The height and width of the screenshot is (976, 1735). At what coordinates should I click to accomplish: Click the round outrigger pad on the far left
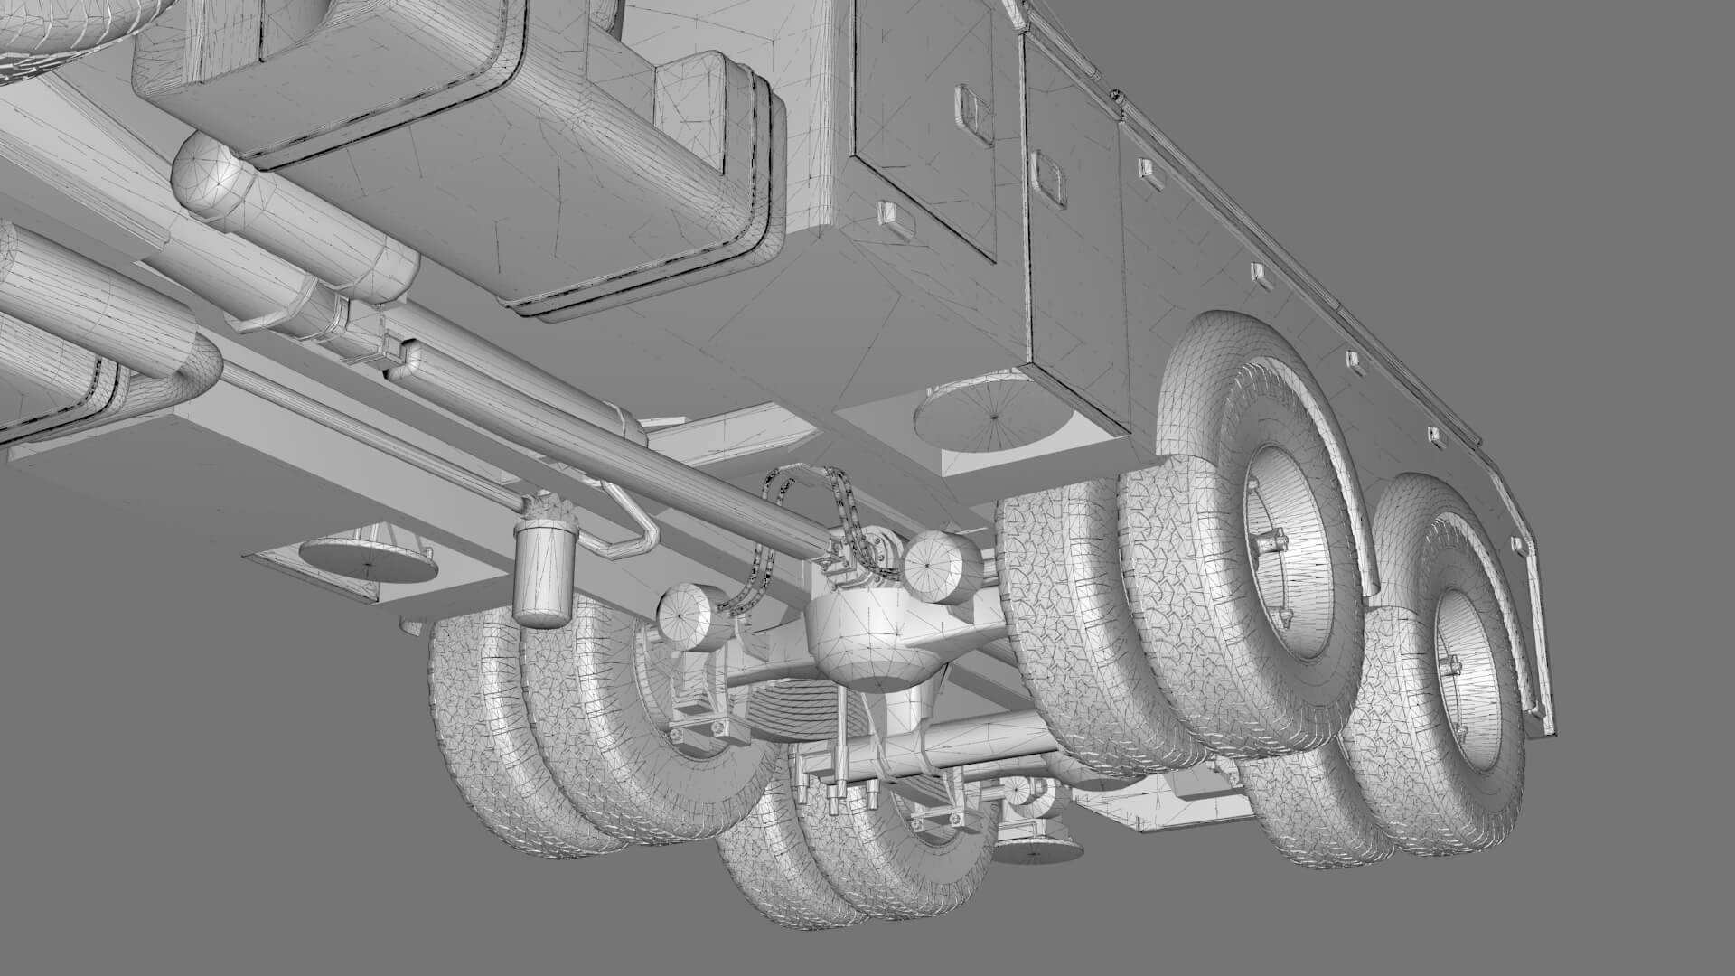coord(368,560)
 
